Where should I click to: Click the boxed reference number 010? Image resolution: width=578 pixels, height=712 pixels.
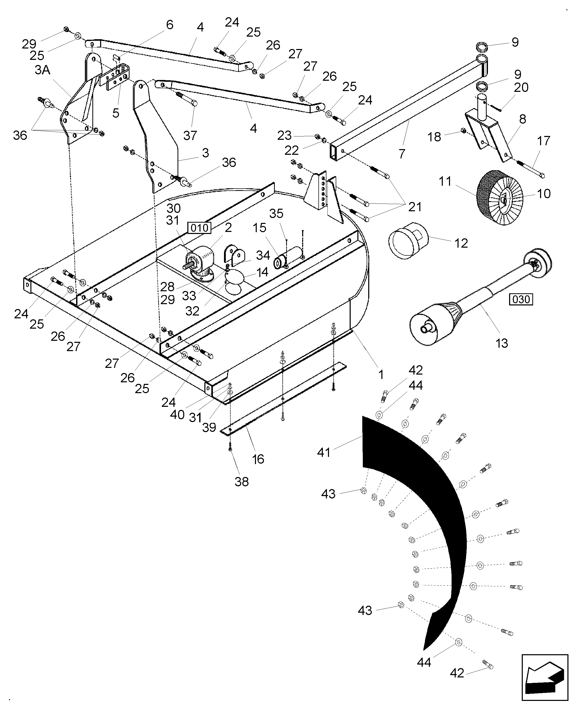[x=199, y=228]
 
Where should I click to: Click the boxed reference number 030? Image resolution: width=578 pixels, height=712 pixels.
[x=521, y=299]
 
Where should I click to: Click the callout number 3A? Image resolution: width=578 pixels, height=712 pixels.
[x=42, y=70]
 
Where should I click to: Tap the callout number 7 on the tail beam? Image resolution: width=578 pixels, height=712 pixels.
[x=402, y=154]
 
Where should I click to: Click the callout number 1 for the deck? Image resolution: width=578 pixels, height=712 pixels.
[x=381, y=375]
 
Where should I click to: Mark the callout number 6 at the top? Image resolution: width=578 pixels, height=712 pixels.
[x=170, y=25]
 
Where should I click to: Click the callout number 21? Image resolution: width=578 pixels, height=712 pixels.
[x=415, y=207]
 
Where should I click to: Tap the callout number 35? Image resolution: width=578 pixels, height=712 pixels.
[x=276, y=214]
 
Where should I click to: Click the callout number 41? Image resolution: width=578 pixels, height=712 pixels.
[x=323, y=452]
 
